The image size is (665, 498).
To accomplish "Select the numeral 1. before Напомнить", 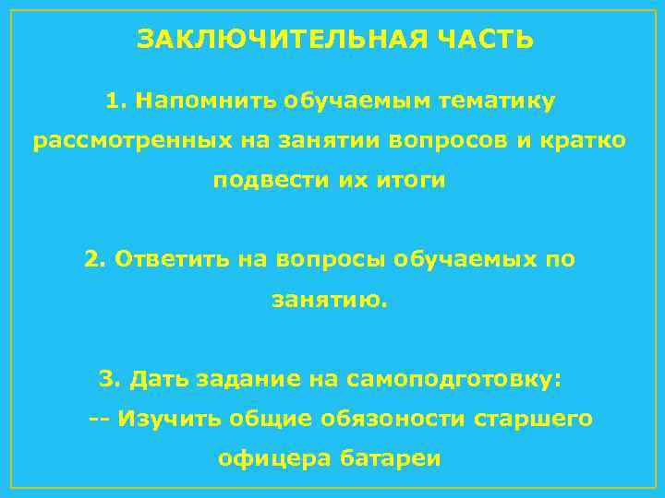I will point(115,100).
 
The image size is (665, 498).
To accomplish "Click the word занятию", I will point(330,300).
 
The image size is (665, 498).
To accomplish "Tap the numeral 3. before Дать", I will point(110,379).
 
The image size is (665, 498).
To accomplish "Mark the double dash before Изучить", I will point(99,419).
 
